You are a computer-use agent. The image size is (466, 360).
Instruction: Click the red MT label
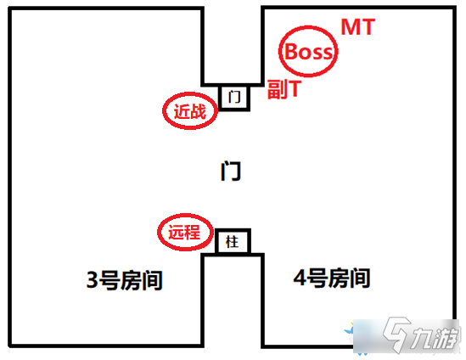[x=358, y=27]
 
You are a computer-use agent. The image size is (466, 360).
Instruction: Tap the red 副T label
[x=284, y=89]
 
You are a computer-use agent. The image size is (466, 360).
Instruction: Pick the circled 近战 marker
[x=190, y=111]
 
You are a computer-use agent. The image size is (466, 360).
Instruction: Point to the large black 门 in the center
[x=231, y=171]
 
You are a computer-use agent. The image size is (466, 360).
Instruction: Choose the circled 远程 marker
[x=185, y=232]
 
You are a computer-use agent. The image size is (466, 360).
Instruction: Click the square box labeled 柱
[x=233, y=241]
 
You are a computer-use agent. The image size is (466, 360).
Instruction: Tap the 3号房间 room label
[x=124, y=280]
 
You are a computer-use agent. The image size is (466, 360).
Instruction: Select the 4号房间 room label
[x=332, y=278]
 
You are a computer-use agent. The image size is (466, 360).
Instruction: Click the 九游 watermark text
[x=434, y=338]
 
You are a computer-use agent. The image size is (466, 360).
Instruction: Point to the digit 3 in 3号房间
[x=93, y=279]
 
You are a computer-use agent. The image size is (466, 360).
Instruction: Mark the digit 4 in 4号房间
[x=300, y=278]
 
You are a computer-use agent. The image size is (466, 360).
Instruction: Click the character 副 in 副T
[x=277, y=89]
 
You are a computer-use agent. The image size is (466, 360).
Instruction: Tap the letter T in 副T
[x=295, y=88]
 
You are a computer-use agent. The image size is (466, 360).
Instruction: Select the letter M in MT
[x=350, y=27]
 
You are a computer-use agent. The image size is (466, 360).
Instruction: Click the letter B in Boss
[x=292, y=52]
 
